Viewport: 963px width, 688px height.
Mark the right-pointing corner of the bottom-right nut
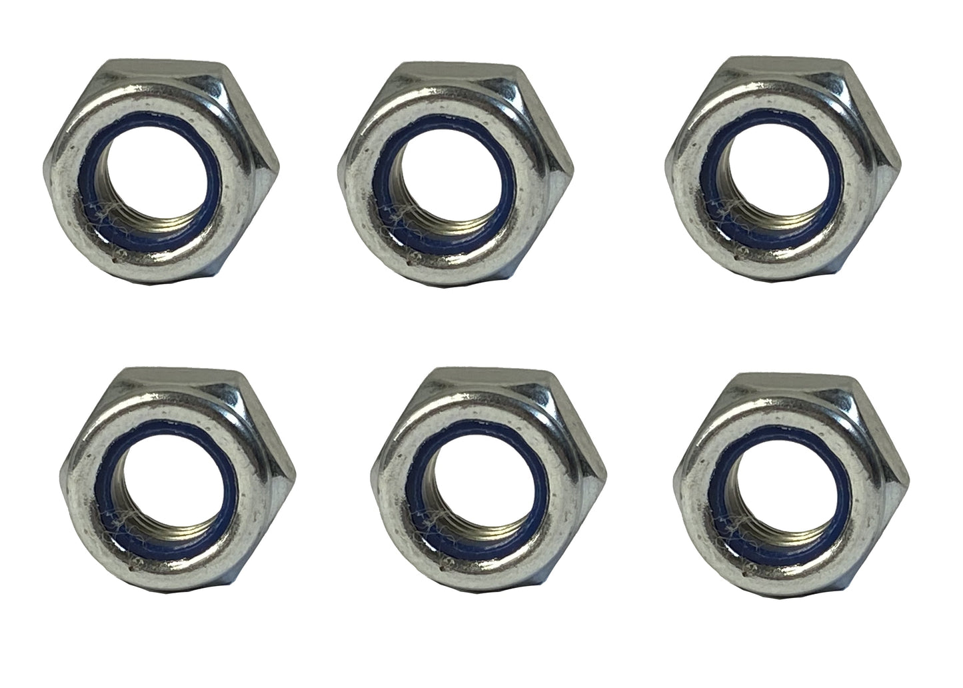pyautogui.click(x=908, y=474)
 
